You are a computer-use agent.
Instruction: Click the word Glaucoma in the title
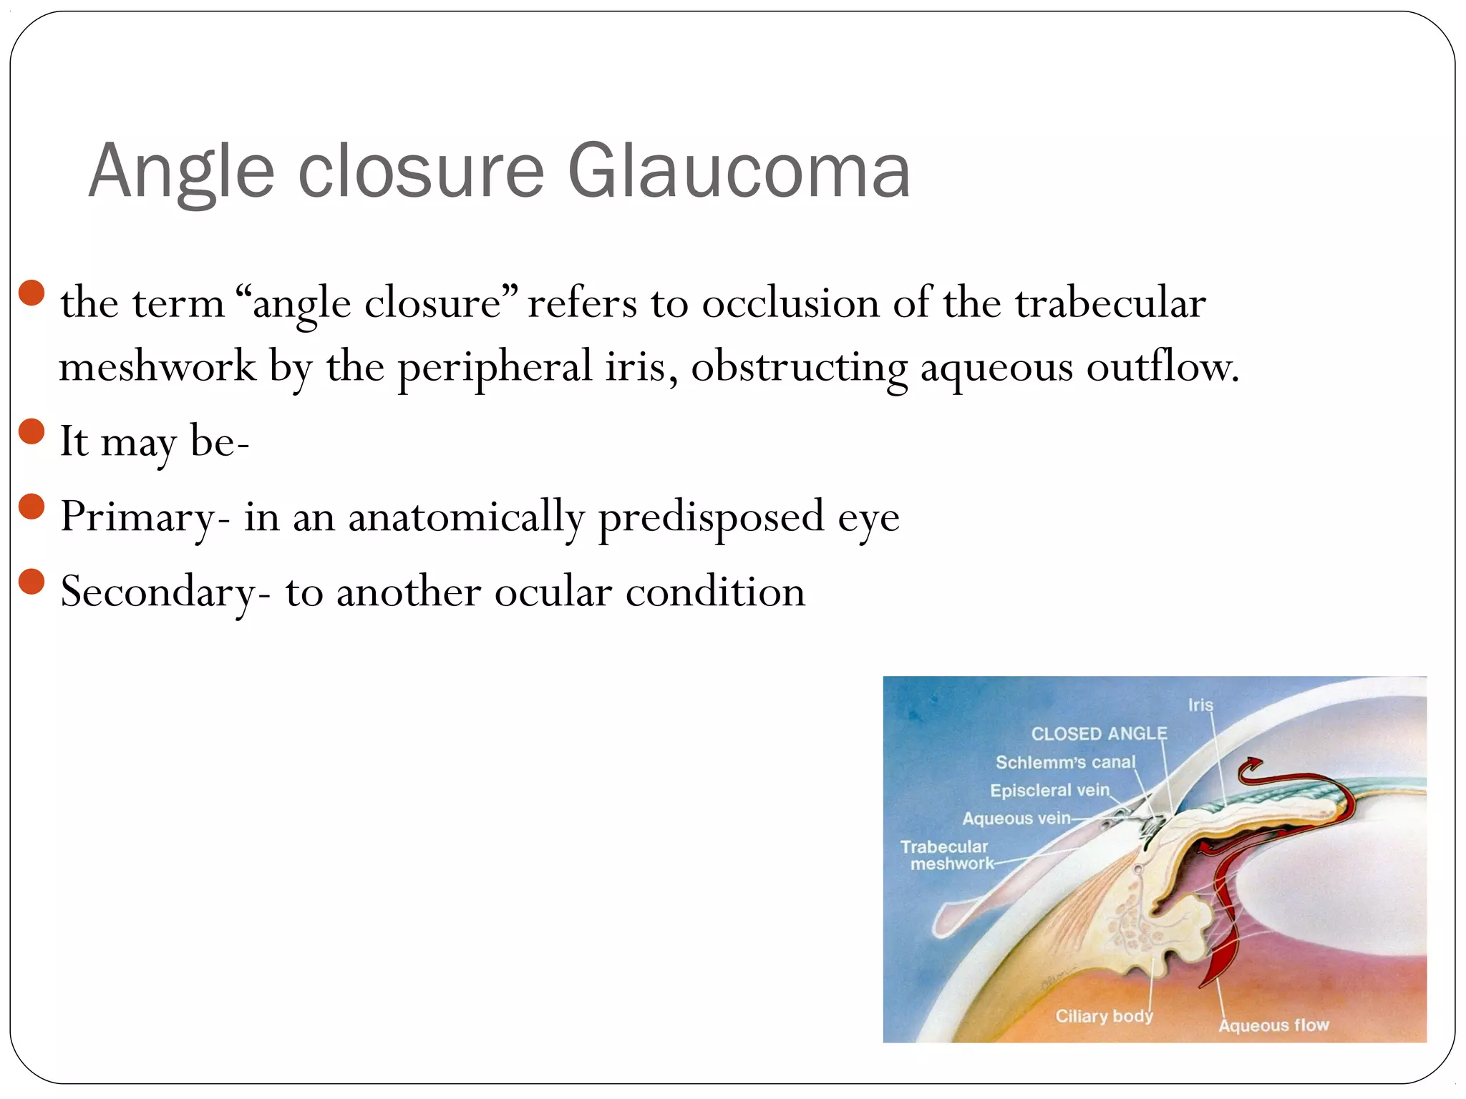click(x=739, y=172)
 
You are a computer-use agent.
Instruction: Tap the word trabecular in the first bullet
click(x=1110, y=303)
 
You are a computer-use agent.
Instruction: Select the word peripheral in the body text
click(x=495, y=368)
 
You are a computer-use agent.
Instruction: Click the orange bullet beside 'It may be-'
click(x=32, y=432)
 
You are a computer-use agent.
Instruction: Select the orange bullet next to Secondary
click(x=32, y=582)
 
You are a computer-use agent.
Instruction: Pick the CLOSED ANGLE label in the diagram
click(x=1099, y=733)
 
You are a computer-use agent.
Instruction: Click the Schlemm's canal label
click(x=1065, y=762)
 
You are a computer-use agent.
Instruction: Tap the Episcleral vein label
click(x=1049, y=790)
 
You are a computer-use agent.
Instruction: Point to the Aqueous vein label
click(x=1016, y=818)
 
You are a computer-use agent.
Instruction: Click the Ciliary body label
click(x=1104, y=1016)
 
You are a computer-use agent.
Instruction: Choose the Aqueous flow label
click(x=1273, y=1025)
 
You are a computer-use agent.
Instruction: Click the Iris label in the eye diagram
click(x=1200, y=705)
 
